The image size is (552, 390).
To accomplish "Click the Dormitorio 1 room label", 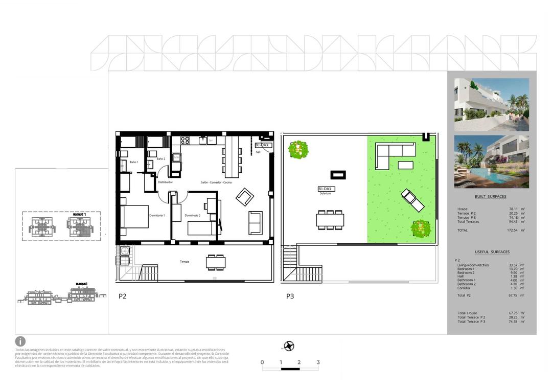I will click(x=157, y=216).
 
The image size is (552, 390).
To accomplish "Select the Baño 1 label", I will click(x=134, y=162).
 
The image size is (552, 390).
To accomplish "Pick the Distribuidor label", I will click(x=165, y=182).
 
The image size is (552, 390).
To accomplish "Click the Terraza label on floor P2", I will click(x=184, y=262).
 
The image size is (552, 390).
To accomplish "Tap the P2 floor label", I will click(x=123, y=296).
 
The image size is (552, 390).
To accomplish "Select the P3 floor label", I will click(x=290, y=296).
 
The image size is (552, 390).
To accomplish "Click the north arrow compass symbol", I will click(x=290, y=346).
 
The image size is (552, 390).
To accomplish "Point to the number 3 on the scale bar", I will click(x=318, y=362).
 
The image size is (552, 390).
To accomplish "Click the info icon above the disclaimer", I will click(x=20, y=341).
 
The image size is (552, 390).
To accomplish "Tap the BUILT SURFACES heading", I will click(x=491, y=197).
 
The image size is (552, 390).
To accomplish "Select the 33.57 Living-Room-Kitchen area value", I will click(x=512, y=265).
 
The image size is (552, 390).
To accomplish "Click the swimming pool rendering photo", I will click(x=491, y=162).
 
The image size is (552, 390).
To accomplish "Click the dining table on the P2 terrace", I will click(x=216, y=262).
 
